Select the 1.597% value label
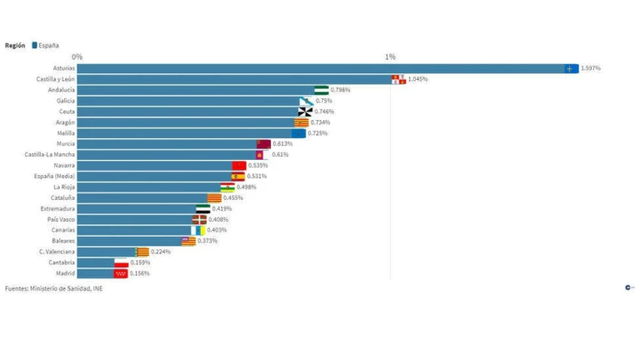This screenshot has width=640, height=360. (x=591, y=68)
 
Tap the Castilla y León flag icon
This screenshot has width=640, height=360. (x=398, y=79)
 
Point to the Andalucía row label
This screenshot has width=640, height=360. (x=62, y=90)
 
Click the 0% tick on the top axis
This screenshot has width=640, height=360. (x=77, y=57)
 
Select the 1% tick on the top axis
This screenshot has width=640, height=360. (x=390, y=57)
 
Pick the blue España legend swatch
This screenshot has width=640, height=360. (x=34, y=45)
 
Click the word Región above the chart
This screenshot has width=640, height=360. (x=15, y=45)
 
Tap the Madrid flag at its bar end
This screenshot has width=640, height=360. (x=121, y=273)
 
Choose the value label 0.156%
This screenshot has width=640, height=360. (x=140, y=273)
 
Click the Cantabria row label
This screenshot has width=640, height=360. (x=60, y=262)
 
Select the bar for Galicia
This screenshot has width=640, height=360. (x=188, y=101)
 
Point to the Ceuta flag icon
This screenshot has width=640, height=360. (x=305, y=112)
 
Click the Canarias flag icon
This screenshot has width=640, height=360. (x=198, y=230)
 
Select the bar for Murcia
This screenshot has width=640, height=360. (x=167, y=144)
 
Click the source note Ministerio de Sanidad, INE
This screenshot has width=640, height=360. (x=54, y=289)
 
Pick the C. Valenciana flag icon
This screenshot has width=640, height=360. (x=142, y=252)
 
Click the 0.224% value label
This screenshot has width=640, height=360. (x=161, y=252)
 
